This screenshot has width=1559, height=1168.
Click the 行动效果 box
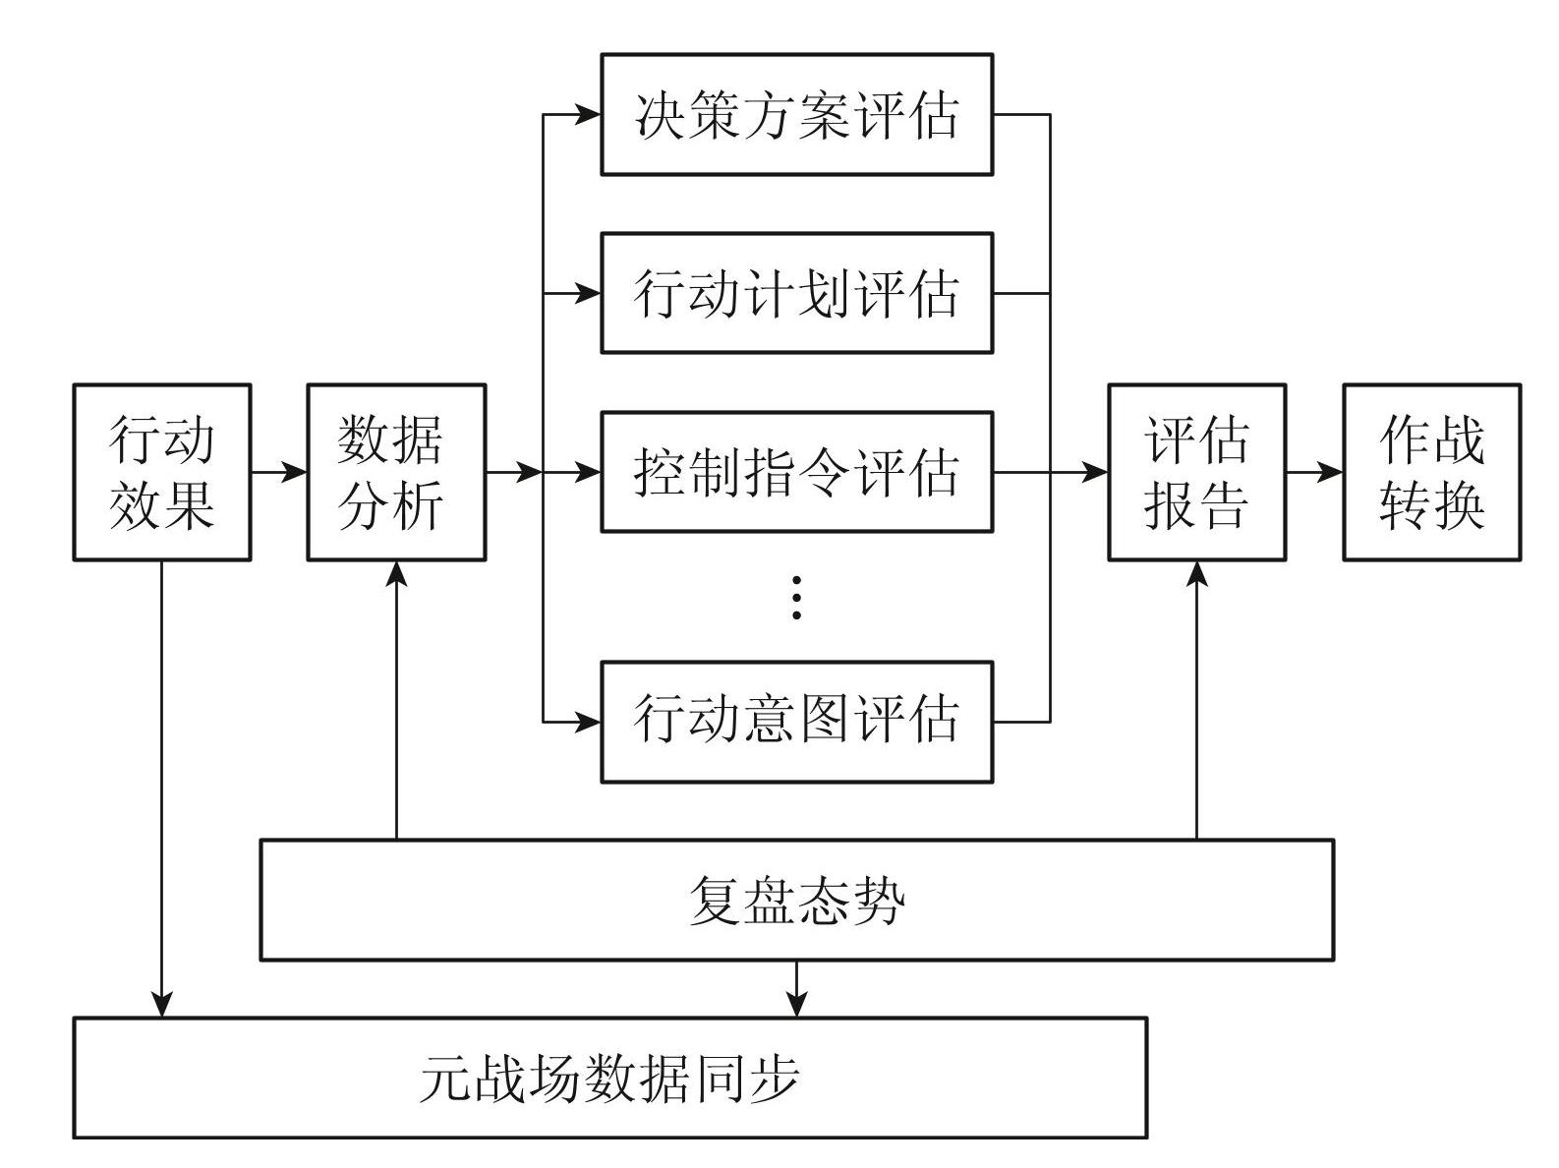(x=162, y=473)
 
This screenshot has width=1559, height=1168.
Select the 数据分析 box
(x=396, y=473)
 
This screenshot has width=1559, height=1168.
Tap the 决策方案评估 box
(x=796, y=115)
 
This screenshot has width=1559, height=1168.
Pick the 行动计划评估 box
(x=796, y=293)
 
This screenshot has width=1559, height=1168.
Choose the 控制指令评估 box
(x=796, y=473)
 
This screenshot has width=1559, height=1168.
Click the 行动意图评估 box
(x=796, y=722)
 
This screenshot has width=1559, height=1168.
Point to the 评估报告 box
(x=1196, y=473)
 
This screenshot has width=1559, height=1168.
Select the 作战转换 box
(x=1431, y=473)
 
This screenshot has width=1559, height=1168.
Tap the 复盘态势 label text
(x=796, y=901)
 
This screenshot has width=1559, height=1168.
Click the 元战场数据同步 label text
(x=609, y=1079)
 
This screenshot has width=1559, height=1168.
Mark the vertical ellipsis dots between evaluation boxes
(x=796, y=598)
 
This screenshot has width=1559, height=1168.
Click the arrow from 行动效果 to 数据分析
(x=279, y=473)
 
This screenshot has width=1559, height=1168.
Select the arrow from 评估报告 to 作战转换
(x=1314, y=473)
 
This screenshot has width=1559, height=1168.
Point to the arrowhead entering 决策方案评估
(x=588, y=115)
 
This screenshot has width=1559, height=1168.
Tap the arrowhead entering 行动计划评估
(x=588, y=293)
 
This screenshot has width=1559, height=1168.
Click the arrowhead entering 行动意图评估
(x=588, y=722)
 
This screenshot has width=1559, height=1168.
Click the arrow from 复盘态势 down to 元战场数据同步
(x=796, y=988)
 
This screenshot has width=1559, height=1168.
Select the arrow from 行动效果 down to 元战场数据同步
(x=162, y=787)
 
